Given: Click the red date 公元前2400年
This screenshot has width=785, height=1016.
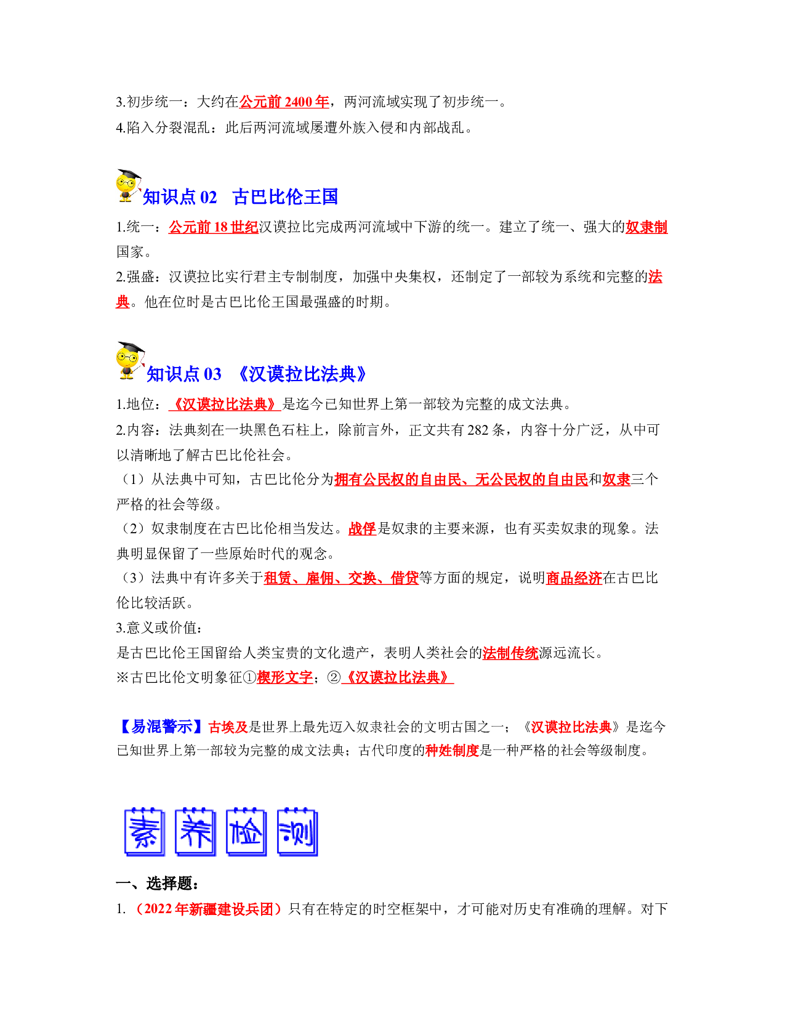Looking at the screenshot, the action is pos(284,102).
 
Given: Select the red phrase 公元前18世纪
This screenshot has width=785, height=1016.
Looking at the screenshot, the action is pos(213,227).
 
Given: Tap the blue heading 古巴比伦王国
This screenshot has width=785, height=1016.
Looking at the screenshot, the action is pos(285,197).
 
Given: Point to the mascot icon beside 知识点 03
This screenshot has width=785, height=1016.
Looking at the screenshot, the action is pos(131,360).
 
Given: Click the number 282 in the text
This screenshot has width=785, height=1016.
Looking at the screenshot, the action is pos(477,430).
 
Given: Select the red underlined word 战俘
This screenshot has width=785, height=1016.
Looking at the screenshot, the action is pos(363,528).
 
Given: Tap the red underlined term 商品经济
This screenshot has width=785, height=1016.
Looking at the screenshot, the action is pos(574,578).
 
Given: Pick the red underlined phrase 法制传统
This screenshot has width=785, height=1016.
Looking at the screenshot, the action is pos(510,653).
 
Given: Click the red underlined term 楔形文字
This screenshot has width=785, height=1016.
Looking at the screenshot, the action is pos(284,677).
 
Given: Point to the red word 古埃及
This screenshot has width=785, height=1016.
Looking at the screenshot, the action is pos(228,727).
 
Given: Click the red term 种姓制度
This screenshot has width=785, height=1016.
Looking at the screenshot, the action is pos(452,751).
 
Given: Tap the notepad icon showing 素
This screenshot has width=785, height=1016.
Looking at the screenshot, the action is pos(145,832).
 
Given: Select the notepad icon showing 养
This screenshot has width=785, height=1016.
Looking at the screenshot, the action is pos(195,832).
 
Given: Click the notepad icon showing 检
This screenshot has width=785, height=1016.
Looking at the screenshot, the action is pos(246,832).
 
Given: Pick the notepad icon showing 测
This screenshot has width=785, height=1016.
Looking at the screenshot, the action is pos(297,832).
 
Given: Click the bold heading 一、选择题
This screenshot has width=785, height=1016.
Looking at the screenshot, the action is pos(158,883).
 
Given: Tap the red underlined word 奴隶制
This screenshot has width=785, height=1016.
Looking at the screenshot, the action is pos(646,227).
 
